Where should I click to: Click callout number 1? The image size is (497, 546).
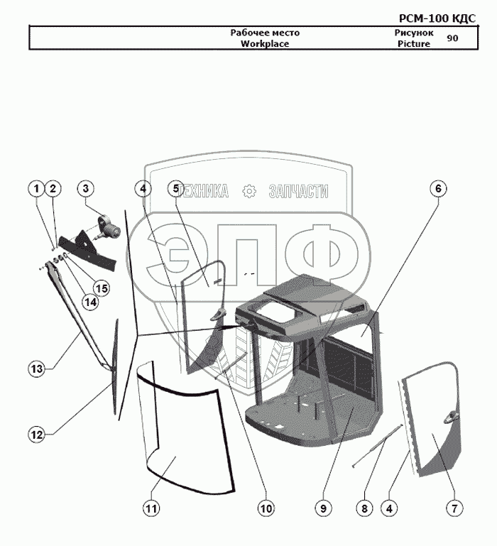pos(36,189)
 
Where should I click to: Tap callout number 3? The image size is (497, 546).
pos(86,189)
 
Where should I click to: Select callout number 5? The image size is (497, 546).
pos(176,189)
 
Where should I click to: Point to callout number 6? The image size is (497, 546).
pos(438,189)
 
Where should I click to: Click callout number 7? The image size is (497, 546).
pos(454,508)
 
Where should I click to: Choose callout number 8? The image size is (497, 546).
pos(364,508)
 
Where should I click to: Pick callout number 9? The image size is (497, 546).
pos(323,508)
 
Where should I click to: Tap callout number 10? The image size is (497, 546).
pos(266,508)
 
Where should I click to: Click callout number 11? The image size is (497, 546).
pos(151,508)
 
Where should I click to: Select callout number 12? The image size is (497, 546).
pos(37,435)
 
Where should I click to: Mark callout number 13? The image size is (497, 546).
pos(37,368)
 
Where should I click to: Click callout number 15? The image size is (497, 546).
pos(102,288)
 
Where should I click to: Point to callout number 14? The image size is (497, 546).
pos(90,302)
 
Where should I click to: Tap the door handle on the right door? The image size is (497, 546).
pos(452,417)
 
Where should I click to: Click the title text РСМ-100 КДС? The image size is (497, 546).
pos(437,18)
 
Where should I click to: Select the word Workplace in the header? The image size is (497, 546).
pos(265,44)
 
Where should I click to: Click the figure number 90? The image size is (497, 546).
pos(452,38)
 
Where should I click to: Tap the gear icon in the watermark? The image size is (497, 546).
pos(249,192)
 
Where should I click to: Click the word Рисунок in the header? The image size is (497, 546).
pos(414,33)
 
